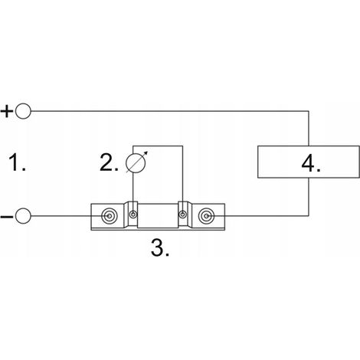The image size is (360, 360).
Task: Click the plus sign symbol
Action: (7, 111)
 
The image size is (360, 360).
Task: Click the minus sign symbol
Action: (7, 217)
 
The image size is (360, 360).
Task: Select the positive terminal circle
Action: (23, 111)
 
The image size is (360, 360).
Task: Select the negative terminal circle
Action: (23, 216)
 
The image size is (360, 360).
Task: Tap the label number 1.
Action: (17, 162)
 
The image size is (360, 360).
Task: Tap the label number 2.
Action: (109, 162)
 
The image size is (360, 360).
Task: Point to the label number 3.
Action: (160, 248)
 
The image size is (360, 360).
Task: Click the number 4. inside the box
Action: (311, 163)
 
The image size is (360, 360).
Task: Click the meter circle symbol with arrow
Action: (136, 163)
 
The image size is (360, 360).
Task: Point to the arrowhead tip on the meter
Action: (148, 152)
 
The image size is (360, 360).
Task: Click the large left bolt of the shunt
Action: (110, 216)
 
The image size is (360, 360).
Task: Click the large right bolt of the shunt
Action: (206, 216)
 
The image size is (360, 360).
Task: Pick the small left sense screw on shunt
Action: (133, 214)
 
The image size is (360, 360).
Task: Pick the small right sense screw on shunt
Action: (182, 214)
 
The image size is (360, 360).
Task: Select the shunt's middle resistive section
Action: (158, 216)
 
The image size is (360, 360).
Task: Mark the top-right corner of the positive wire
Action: (309, 111)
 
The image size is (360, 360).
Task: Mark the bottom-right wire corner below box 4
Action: (309, 216)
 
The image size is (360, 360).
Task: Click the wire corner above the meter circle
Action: (133, 146)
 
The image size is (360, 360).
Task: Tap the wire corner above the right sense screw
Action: (182, 146)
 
